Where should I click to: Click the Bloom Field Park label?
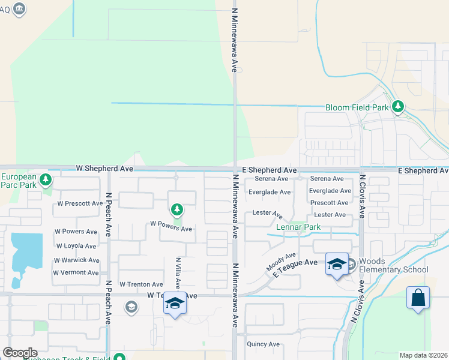point(357,108)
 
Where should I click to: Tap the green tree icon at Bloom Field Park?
point(397,107)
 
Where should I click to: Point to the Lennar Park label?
point(298,227)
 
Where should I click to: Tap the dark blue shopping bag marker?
point(418,298)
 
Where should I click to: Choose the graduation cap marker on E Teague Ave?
point(337,263)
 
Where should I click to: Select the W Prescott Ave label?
point(80,203)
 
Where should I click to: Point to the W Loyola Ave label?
point(76,246)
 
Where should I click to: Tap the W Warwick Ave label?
point(76,260)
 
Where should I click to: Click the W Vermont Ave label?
point(76,272)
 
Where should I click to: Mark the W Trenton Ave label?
point(141,284)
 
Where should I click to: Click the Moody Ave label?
point(282,260)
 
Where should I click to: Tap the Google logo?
point(20,353)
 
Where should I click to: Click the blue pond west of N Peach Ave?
point(25,249)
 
